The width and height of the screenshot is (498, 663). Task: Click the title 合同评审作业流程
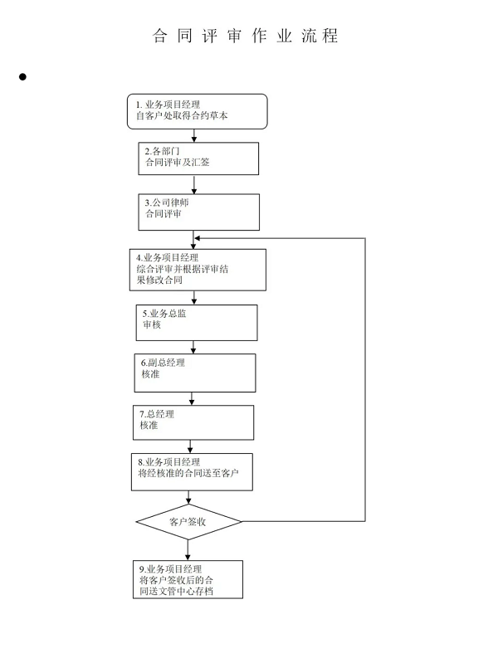(246, 36)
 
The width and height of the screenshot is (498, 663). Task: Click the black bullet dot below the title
(23, 76)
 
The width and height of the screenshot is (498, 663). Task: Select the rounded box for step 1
(198, 112)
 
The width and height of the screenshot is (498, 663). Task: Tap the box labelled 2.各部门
(198, 158)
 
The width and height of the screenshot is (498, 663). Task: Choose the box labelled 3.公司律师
(199, 212)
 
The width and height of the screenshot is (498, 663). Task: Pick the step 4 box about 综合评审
(198, 270)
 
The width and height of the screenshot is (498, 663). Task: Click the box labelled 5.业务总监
(197, 323)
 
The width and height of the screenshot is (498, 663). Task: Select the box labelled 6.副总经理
(195, 373)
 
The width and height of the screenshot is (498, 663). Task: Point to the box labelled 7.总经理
(193, 423)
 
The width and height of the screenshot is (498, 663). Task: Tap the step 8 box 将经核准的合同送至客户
(192, 472)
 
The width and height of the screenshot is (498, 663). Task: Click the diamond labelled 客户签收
(188, 522)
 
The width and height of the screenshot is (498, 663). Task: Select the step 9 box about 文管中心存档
(188, 580)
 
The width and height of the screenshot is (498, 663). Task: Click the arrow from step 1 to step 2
(194, 136)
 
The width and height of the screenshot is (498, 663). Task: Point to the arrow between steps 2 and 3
(194, 185)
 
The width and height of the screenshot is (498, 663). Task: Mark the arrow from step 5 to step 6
(193, 348)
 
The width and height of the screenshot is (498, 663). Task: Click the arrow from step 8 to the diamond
(188, 498)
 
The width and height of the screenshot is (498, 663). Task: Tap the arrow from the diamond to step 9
(188, 550)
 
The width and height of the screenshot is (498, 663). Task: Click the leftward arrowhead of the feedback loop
(198, 238)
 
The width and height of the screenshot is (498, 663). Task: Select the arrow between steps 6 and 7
(192, 399)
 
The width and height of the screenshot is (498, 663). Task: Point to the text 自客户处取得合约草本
(182, 116)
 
